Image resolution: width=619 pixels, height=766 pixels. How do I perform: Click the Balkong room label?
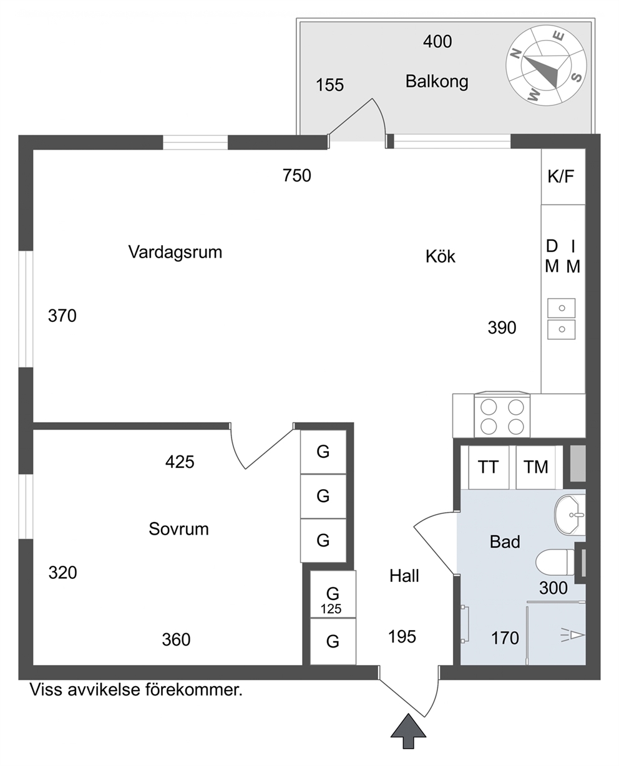(437, 82)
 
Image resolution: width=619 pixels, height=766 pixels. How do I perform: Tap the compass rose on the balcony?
(546, 65)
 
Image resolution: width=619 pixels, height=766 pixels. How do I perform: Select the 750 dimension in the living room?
(297, 176)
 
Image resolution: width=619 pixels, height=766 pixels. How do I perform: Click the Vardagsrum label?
(175, 252)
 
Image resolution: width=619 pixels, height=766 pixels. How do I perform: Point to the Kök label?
(441, 256)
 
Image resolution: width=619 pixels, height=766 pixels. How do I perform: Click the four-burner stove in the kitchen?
(502, 415)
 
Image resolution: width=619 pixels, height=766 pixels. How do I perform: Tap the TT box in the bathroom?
(489, 467)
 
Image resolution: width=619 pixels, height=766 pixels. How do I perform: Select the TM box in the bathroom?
(535, 467)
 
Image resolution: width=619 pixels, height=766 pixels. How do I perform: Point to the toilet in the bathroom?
(556, 562)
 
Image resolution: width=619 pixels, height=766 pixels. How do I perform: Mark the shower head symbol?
(573, 636)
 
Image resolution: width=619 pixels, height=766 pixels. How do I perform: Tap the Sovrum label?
(178, 529)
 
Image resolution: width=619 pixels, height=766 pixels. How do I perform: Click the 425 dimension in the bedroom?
(180, 462)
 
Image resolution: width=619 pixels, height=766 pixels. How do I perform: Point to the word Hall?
(404, 576)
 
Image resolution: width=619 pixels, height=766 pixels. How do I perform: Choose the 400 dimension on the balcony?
(437, 42)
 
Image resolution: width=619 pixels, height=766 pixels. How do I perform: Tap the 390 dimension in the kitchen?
(502, 327)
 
